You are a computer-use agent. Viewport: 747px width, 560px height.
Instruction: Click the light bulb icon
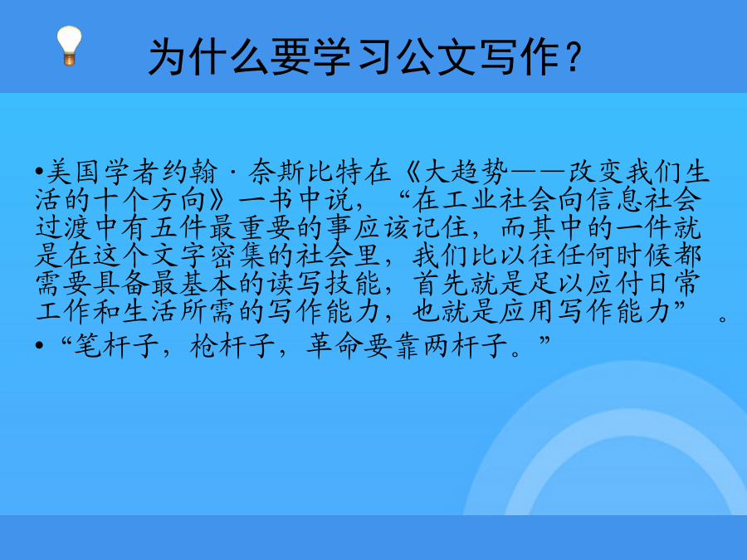point(69,46)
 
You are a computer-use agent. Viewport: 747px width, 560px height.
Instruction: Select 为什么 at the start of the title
point(208,57)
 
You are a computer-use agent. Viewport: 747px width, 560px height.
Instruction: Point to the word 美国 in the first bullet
point(76,172)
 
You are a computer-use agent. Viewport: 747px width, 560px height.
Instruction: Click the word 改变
point(597,172)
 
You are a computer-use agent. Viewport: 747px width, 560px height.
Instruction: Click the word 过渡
point(64,227)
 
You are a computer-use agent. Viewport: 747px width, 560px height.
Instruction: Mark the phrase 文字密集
point(208,256)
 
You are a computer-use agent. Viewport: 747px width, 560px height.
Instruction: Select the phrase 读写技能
point(324,284)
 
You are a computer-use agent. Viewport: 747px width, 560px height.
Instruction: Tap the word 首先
point(442,284)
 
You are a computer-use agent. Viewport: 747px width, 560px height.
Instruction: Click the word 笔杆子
point(116,345)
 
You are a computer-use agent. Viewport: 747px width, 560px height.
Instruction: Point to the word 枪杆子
point(232,345)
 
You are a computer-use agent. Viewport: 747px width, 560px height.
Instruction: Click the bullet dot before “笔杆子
point(39,346)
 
